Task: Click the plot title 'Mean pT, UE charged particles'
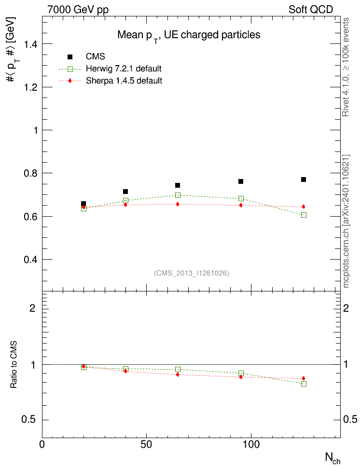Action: pyautogui.click(x=189, y=35)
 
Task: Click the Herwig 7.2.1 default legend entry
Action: pyautogui.click(x=110, y=69)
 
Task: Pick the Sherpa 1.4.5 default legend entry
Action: pyautogui.click(x=110, y=81)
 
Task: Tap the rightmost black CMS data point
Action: pyautogui.click(x=304, y=179)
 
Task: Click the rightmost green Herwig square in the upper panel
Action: pyautogui.click(x=304, y=215)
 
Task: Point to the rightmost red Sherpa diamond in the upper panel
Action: pyautogui.click(x=304, y=207)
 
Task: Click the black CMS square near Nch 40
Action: pyautogui.click(x=125, y=192)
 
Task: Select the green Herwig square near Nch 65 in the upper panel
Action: pyautogui.click(x=178, y=195)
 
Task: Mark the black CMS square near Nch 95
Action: pyautogui.click(x=241, y=181)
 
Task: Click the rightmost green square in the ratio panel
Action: pyautogui.click(x=304, y=384)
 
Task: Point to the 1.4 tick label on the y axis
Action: pyautogui.click(x=30, y=44)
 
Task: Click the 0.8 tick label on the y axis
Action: pyautogui.click(x=30, y=174)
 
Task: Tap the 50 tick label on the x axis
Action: pyautogui.click(x=146, y=444)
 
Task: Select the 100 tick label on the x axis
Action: pyautogui.click(x=251, y=444)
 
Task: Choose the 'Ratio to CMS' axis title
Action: pyautogui.click(x=14, y=365)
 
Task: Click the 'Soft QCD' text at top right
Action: pyautogui.click(x=311, y=10)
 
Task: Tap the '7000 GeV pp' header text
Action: pyautogui.click(x=78, y=10)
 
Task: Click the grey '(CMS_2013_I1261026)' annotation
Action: pyautogui.click(x=192, y=273)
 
